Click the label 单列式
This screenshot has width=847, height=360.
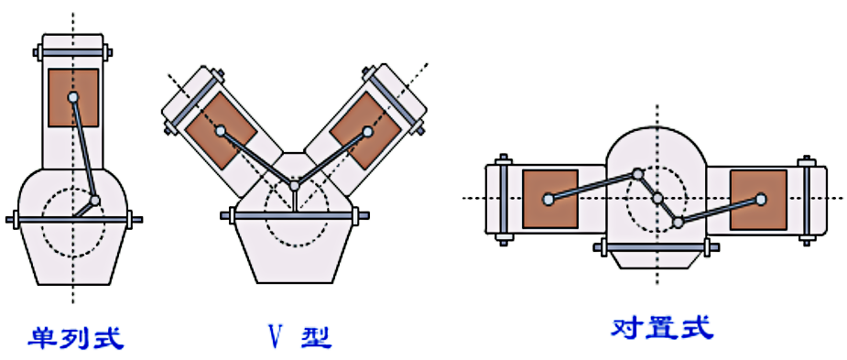tap(76, 338)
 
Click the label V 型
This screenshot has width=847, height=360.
tap(300, 338)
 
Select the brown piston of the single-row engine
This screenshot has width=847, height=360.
tap(73, 98)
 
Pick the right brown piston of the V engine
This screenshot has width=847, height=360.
tap(367, 130)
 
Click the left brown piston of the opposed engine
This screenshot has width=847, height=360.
tap(550, 199)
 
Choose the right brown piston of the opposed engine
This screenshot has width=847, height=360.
tap(758, 200)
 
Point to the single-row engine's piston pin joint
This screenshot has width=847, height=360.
tap(73, 97)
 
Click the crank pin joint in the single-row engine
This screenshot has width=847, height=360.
tap(95, 202)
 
